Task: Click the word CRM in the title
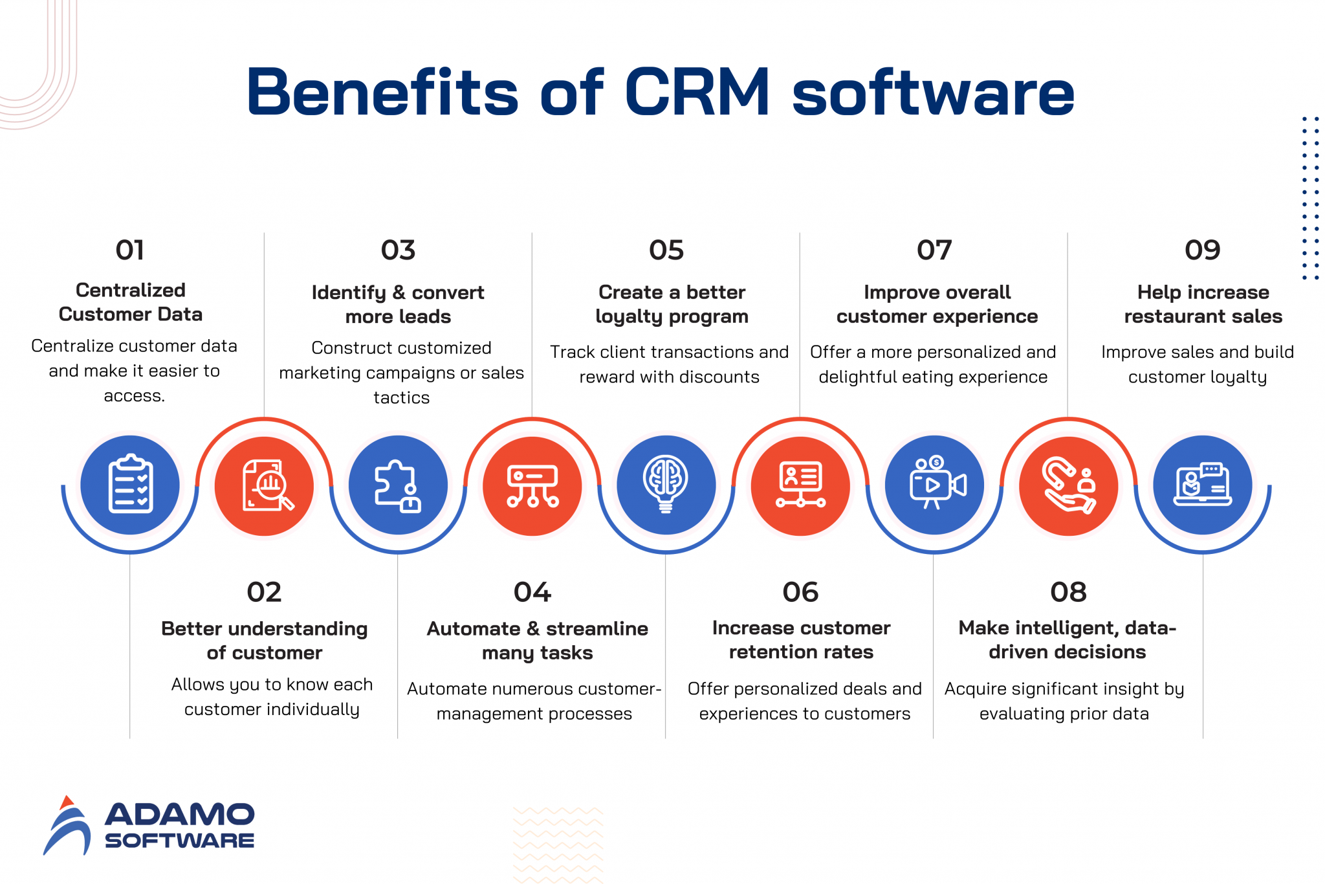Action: tap(697, 93)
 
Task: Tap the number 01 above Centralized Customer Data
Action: tap(130, 250)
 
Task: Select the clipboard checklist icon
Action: tap(131, 485)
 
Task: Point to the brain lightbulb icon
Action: tap(666, 485)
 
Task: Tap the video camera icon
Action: tap(935, 485)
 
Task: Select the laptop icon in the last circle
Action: tap(1203, 485)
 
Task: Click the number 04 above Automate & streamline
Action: tap(532, 592)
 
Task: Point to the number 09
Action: tap(1203, 250)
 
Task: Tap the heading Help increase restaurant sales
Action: tap(1203, 304)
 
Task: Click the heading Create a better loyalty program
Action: tap(672, 304)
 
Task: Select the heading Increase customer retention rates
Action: tap(801, 640)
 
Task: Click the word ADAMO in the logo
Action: tap(180, 815)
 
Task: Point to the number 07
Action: tap(934, 250)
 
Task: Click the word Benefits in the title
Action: tap(382, 93)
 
